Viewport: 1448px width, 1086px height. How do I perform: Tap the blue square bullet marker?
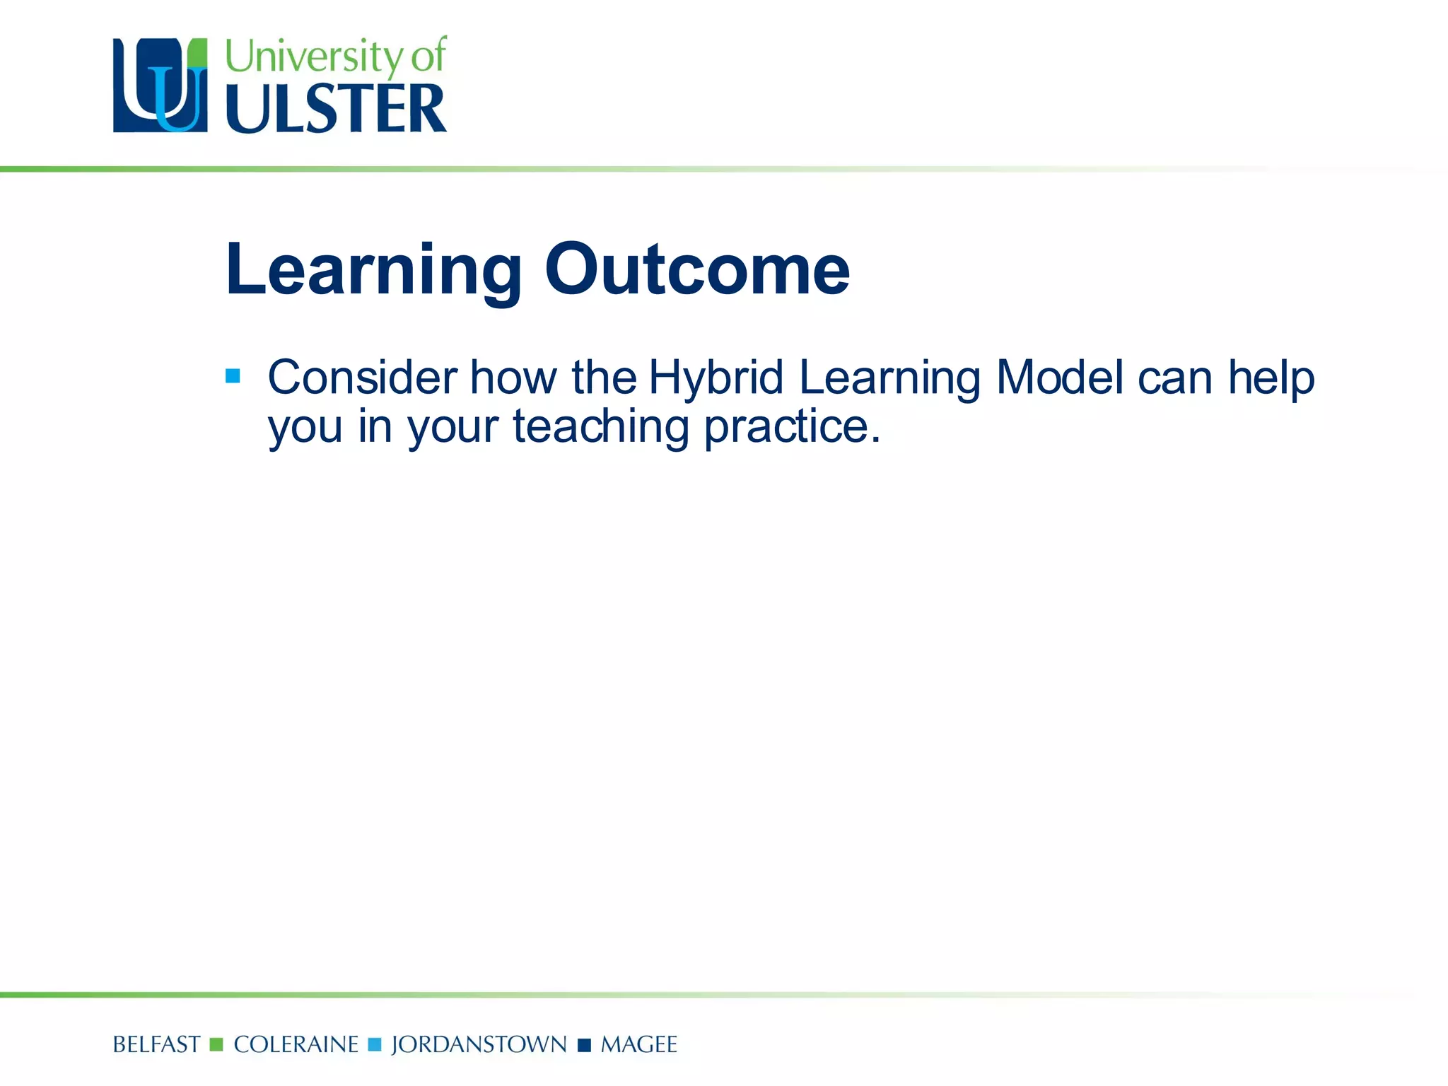coord(233,376)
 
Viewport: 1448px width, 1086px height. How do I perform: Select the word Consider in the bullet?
coord(362,378)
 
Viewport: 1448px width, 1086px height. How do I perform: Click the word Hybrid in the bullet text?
coord(716,379)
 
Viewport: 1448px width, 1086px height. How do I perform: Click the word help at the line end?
coord(1271,379)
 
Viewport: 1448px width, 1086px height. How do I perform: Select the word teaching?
coord(600,428)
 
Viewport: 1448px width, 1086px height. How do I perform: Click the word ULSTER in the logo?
coord(336,109)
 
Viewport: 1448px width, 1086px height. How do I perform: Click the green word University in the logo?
coord(313,57)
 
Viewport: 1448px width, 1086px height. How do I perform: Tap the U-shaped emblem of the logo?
coord(160,86)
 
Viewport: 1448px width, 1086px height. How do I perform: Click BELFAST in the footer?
coord(156,1044)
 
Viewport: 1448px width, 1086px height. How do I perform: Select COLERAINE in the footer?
coord(296,1044)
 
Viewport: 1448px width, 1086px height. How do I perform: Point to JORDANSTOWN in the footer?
coord(479,1044)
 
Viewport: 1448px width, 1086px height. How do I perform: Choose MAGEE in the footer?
coord(638,1044)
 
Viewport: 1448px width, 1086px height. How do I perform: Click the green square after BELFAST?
coord(216,1044)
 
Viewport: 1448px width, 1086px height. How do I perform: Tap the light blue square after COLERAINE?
coord(375,1044)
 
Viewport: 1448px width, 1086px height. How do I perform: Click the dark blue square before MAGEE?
coord(584,1045)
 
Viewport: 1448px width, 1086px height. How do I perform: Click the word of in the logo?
coord(428,56)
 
